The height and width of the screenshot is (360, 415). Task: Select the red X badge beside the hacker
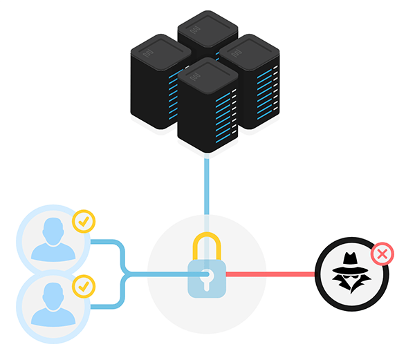click(382, 254)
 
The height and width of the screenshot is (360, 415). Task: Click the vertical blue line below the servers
click(207, 187)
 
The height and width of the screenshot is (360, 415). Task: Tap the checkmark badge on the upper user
click(84, 221)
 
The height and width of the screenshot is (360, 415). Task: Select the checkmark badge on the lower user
click(84, 285)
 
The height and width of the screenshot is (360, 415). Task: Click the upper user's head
click(53, 228)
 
